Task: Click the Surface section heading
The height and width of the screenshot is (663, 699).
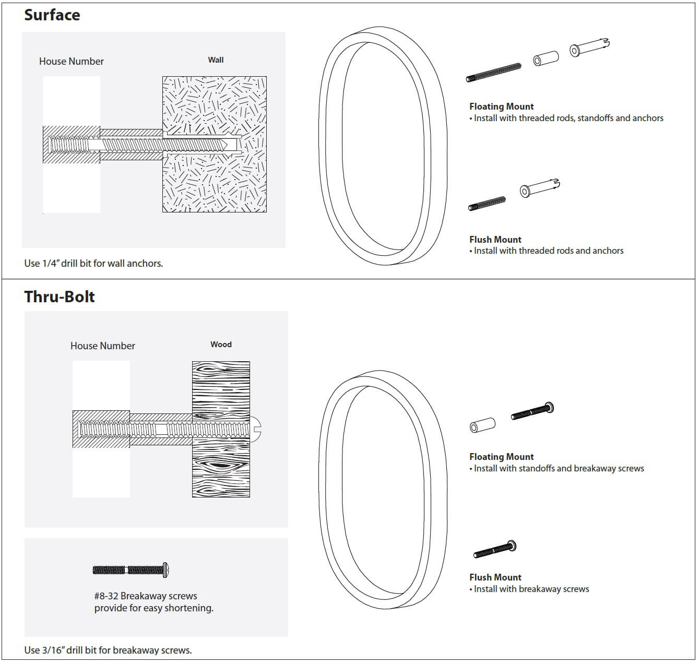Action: click(x=52, y=15)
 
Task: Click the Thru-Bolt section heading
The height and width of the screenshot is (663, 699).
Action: click(x=60, y=297)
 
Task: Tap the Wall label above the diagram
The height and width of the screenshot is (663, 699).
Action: click(x=216, y=60)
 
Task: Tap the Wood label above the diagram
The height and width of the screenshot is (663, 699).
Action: click(x=221, y=345)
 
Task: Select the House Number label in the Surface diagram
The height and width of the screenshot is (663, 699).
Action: click(x=72, y=62)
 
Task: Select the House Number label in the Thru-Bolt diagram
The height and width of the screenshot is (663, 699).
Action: click(x=103, y=346)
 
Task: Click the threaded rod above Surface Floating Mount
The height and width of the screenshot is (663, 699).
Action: click(x=493, y=73)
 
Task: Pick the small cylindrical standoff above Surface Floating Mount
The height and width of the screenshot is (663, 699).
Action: click(x=546, y=58)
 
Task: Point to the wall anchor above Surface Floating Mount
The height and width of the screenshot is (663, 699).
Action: click(x=589, y=48)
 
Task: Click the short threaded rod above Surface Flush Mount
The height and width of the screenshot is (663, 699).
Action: click(x=487, y=204)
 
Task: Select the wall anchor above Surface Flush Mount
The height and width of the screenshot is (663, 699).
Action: click(x=539, y=188)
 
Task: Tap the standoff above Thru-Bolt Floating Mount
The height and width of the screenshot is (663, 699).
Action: click(x=482, y=425)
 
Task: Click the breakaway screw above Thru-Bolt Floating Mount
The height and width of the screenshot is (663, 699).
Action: click(x=532, y=411)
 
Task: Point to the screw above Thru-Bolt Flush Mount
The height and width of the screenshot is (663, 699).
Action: click(x=495, y=550)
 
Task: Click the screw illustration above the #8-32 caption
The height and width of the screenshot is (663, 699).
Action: click(x=131, y=570)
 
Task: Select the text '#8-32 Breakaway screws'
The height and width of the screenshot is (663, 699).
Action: click(x=146, y=596)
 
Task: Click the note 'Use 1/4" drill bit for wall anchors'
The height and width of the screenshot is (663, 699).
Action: click(x=93, y=264)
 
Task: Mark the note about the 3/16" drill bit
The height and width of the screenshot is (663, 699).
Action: click(x=108, y=650)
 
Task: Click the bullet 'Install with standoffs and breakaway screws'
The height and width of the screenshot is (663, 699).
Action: click(x=558, y=469)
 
